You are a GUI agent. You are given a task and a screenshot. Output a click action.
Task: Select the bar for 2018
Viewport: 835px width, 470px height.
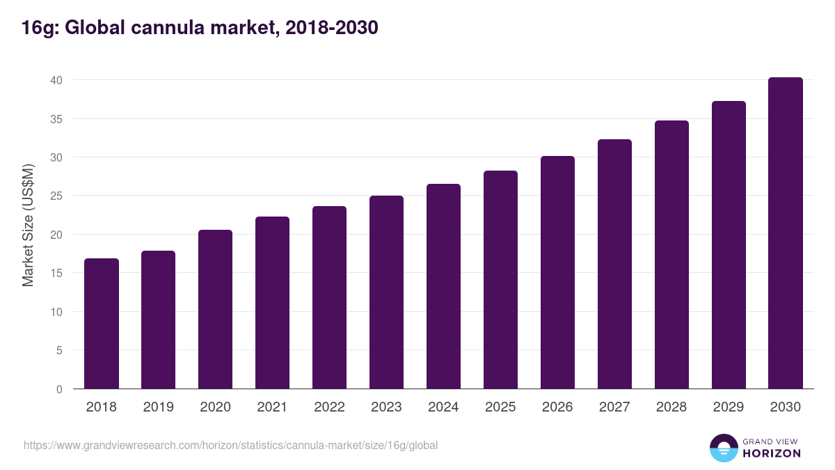[x=102, y=324]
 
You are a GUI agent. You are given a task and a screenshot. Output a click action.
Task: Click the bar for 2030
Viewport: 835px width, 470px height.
[x=786, y=233]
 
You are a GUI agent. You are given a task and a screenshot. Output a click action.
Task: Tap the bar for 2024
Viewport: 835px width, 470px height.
[x=444, y=286]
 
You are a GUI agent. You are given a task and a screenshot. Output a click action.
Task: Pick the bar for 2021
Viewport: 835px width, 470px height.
[x=273, y=303]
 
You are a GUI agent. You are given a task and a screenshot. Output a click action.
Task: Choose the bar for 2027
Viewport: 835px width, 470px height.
[x=615, y=264]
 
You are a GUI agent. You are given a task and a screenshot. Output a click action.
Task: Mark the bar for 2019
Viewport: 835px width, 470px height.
[x=159, y=320]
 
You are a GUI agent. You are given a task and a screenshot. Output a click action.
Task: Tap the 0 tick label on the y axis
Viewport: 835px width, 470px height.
[x=59, y=389]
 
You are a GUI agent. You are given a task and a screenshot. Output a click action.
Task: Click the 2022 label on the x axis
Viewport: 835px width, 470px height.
[x=329, y=407]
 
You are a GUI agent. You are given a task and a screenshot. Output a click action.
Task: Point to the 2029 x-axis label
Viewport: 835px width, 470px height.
[x=729, y=407]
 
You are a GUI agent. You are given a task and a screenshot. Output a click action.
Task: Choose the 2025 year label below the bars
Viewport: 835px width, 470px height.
[x=500, y=407]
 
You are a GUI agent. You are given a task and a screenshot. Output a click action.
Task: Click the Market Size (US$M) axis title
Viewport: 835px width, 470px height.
[x=29, y=225]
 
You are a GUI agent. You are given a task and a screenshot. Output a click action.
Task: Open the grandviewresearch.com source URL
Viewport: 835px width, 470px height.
[x=230, y=445]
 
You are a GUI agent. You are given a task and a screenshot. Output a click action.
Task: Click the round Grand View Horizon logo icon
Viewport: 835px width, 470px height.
[x=724, y=448]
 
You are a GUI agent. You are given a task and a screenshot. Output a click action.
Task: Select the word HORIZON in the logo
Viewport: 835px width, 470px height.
[x=771, y=453]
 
